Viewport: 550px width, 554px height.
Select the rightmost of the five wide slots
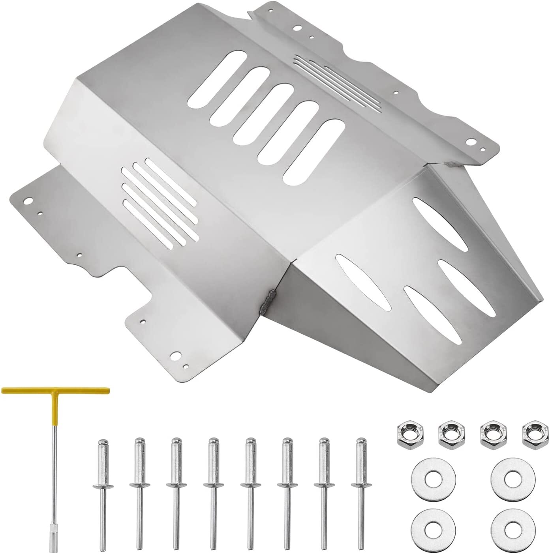click(314, 152)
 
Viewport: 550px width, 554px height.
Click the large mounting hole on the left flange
click(28, 200)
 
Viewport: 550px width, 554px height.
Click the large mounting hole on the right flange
click(471, 142)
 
